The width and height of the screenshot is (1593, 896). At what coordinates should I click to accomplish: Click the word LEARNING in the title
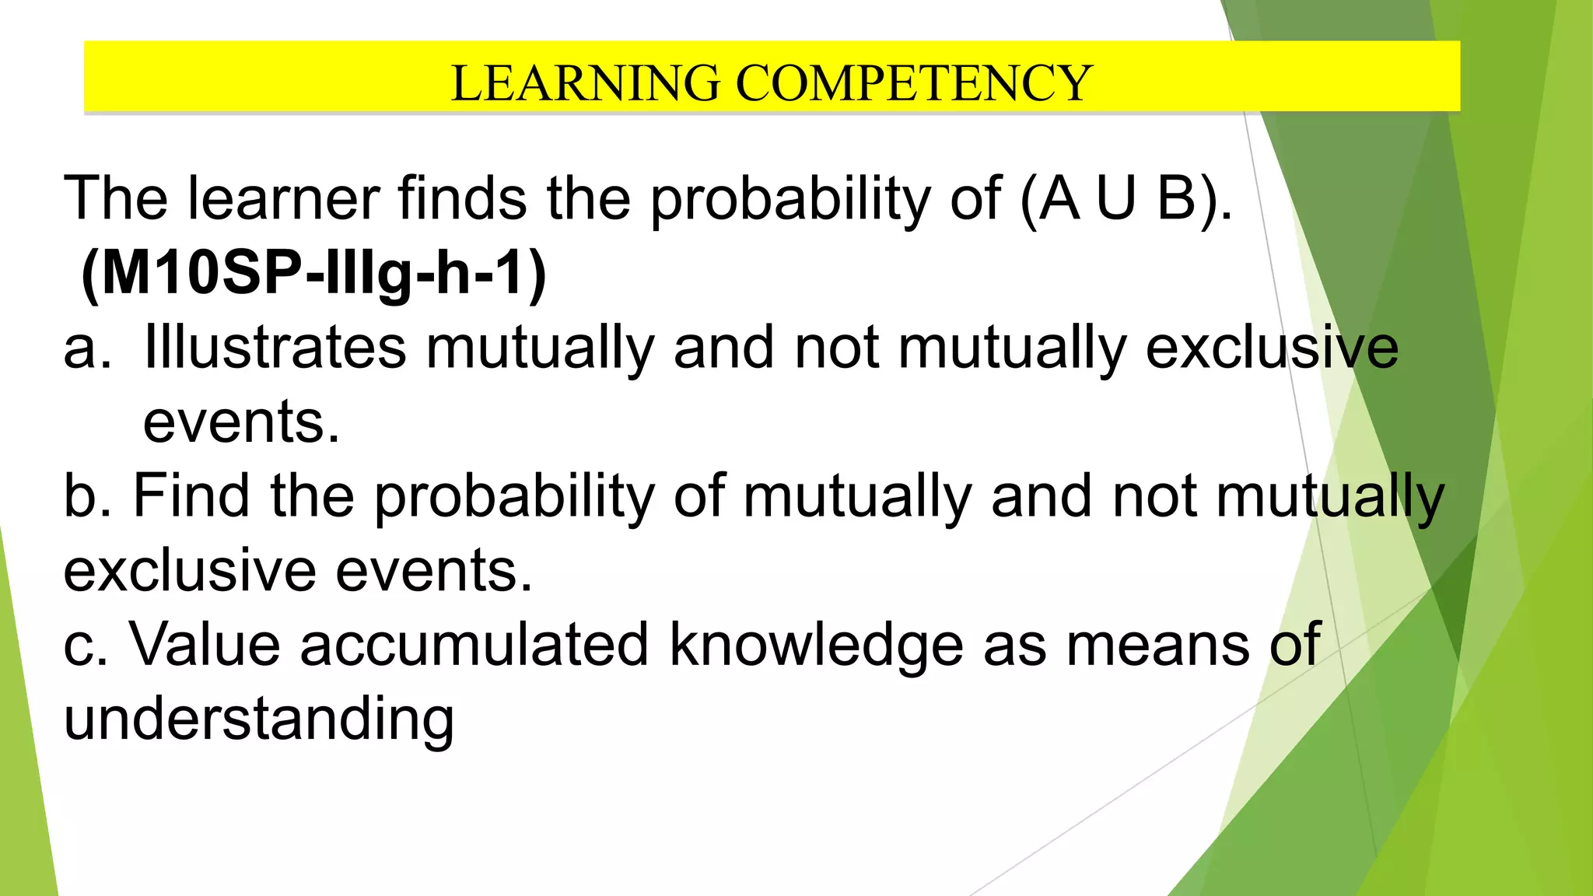coord(585,83)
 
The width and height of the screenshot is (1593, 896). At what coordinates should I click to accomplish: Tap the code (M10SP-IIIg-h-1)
coord(313,273)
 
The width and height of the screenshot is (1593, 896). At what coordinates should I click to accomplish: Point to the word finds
coord(462,198)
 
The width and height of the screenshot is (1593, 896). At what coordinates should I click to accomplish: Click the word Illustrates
coord(275,347)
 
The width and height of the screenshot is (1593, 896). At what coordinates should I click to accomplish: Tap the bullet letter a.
coord(87,348)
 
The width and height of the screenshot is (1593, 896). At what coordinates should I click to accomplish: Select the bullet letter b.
coord(87,496)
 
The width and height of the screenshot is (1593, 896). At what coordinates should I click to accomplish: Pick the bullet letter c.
coord(85,646)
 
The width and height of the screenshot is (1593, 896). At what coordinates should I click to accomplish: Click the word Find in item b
coord(191,495)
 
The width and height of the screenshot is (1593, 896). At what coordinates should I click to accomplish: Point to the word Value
coord(205,644)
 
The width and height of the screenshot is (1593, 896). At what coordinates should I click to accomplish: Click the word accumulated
coord(474,644)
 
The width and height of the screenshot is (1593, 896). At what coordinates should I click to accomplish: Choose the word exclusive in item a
coord(1272,347)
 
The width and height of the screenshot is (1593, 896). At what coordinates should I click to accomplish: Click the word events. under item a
coord(241,422)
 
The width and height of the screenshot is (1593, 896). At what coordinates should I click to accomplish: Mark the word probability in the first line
coord(790,200)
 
